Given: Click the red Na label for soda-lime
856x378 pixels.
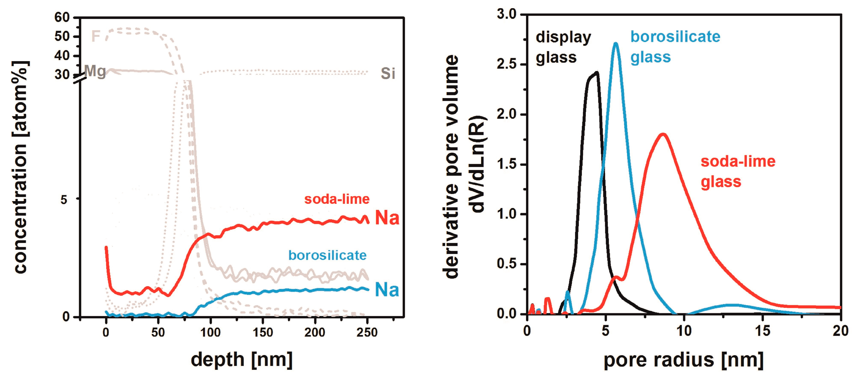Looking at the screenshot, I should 387,218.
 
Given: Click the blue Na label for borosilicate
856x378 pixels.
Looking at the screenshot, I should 387,290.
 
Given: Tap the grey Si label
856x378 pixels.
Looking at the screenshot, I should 388,73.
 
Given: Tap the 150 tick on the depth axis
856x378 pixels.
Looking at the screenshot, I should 263,332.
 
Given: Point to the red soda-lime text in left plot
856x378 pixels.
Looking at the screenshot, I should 337,199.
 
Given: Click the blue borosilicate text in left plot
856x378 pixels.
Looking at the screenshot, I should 327,255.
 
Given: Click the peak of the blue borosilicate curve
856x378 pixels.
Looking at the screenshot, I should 615,43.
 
